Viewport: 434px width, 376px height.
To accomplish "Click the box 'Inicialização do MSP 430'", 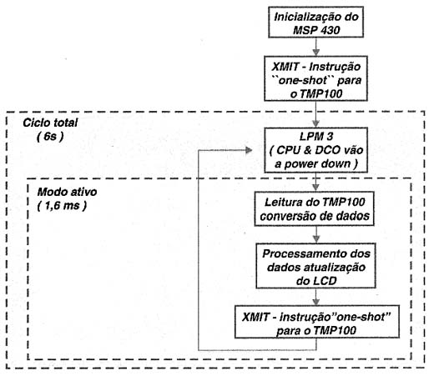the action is [315, 23].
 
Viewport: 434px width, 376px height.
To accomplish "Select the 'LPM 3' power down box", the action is [315, 150].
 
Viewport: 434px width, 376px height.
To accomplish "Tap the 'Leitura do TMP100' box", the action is [314, 209].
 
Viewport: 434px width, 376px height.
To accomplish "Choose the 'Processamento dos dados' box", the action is [315, 266].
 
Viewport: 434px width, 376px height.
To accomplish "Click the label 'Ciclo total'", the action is [50, 123].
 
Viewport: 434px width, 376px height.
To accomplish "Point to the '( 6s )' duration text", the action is [50, 137].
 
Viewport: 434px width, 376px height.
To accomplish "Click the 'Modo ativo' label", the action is [67, 192].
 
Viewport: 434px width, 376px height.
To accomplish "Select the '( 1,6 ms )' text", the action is [62, 206].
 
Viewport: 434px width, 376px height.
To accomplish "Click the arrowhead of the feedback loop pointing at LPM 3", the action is [249, 150].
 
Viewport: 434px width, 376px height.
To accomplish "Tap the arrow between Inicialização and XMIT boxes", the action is [315, 47].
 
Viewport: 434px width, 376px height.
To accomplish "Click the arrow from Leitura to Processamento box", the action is [315, 234].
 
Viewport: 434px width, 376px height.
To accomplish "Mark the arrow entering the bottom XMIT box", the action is [315, 297].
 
